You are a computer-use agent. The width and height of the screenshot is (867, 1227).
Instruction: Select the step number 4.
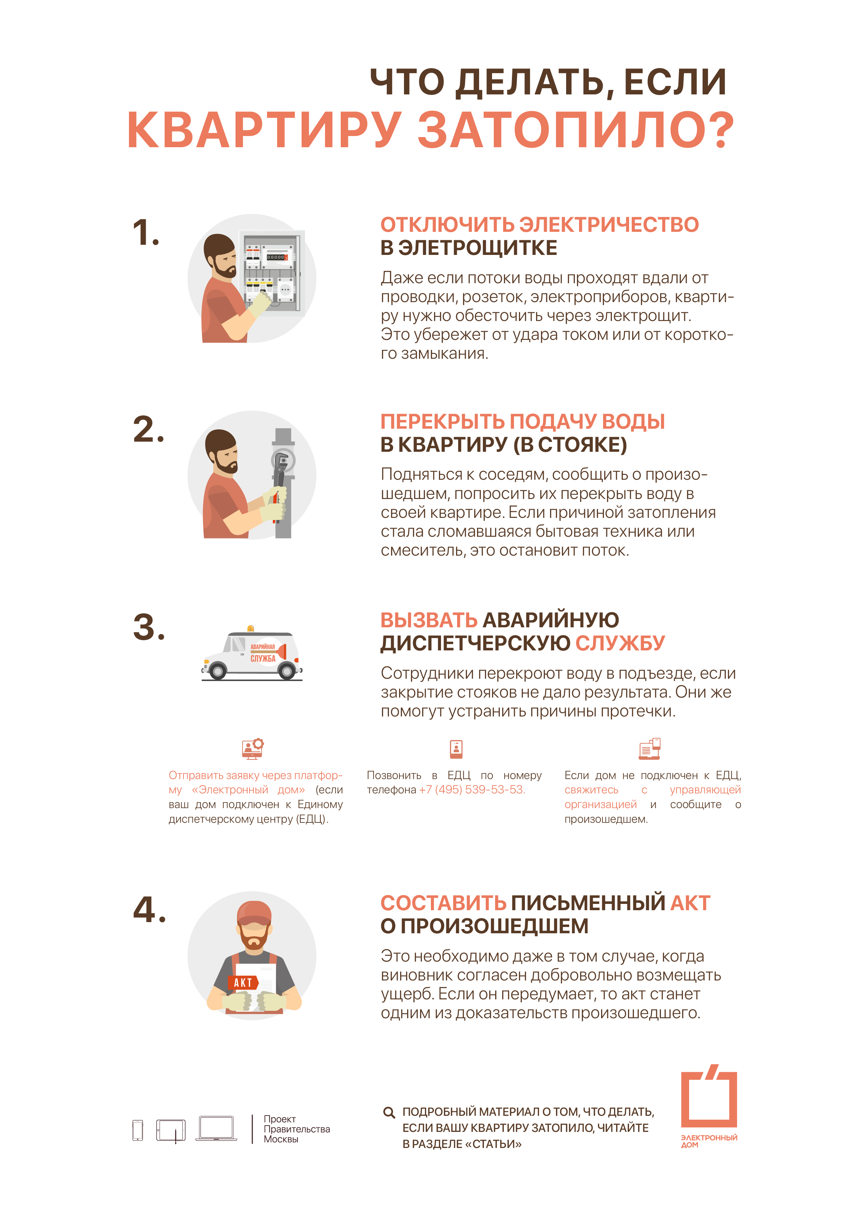click(x=149, y=909)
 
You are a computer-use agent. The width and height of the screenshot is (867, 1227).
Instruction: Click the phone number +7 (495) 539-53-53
click(x=472, y=790)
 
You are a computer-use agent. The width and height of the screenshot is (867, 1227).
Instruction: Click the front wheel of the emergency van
click(x=217, y=670)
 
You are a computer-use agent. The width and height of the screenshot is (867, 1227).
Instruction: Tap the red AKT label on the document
click(x=243, y=982)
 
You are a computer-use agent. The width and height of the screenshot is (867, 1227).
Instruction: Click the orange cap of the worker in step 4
click(x=254, y=913)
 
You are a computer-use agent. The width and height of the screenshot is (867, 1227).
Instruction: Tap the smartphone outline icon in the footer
click(x=138, y=1130)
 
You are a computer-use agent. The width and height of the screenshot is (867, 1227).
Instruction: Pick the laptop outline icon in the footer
click(x=216, y=1128)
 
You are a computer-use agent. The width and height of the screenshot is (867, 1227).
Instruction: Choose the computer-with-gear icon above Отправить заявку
click(x=253, y=749)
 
